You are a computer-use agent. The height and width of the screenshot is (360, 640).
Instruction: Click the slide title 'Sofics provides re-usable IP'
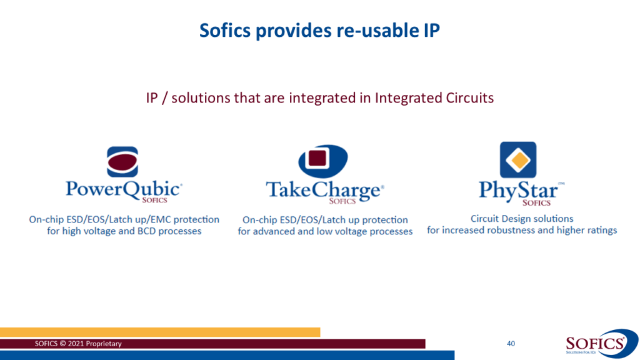(x=319, y=31)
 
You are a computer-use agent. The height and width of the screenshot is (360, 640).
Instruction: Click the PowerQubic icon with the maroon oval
(x=122, y=162)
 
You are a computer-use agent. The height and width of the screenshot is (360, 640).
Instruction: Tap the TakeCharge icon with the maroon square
(x=323, y=161)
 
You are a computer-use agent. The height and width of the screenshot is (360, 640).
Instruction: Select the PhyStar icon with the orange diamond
(x=518, y=159)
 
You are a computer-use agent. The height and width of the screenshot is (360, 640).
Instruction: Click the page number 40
(x=511, y=344)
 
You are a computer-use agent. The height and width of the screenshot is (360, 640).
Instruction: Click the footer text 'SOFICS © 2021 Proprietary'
(x=78, y=344)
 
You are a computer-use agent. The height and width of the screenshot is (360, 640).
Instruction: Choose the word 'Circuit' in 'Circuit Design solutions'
(x=484, y=219)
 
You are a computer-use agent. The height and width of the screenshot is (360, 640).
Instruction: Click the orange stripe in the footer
(x=160, y=332)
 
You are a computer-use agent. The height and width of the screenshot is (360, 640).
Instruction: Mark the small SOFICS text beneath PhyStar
(x=536, y=203)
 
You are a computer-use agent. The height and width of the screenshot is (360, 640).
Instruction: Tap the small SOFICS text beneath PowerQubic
(x=155, y=200)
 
